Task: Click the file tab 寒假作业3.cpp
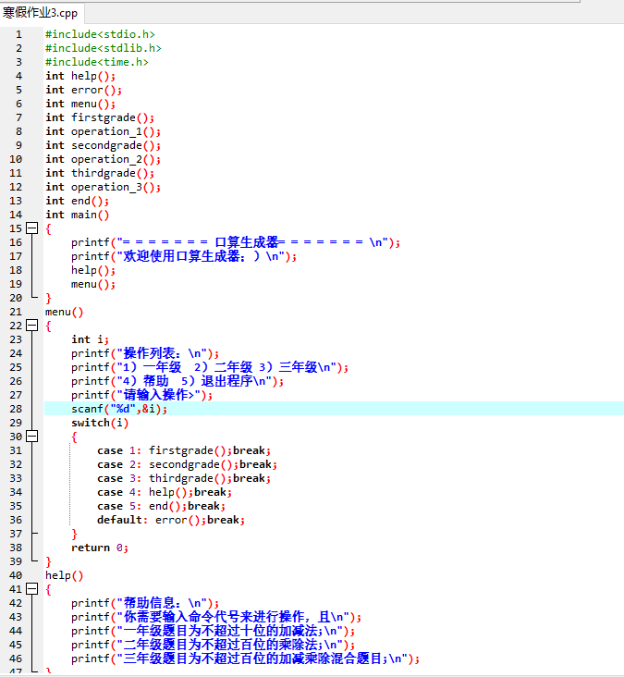point(40,13)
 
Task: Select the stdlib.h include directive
point(104,48)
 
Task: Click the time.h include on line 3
point(97,62)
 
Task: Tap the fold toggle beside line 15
point(32,228)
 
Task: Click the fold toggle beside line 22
point(32,326)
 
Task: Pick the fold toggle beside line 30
point(32,437)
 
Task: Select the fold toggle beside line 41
point(32,588)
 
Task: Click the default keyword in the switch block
point(119,520)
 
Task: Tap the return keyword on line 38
point(91,548)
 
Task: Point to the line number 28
point(16,409)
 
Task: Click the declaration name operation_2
point(106,159)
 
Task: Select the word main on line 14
point(84,215)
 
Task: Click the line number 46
point(16,659)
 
